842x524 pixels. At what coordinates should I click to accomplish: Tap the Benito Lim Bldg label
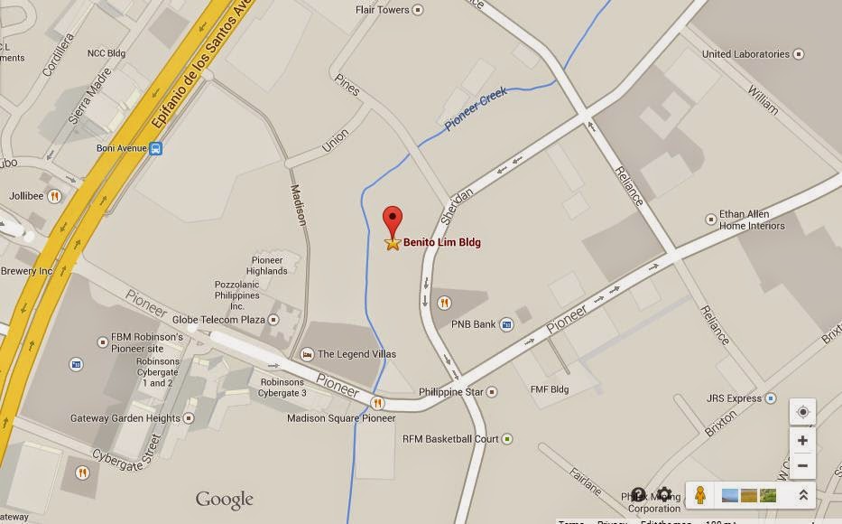coord(441,243)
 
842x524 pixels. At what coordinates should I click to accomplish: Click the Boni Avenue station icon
coord(156,148)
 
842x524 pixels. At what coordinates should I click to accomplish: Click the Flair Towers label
coord(383,11)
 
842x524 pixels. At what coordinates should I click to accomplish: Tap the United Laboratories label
coord(745,54)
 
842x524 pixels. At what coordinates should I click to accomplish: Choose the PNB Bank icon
coord(507,324)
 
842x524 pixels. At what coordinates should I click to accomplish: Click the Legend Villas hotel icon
coord(308,354)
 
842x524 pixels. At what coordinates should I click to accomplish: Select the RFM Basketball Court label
coord(450,439)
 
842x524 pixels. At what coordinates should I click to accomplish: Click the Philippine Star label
coord(452,392)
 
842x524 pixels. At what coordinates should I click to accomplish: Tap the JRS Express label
coord(734,398)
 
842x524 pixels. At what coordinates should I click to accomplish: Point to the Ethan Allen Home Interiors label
coord(752,220)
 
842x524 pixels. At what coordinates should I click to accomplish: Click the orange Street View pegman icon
coord(699,494)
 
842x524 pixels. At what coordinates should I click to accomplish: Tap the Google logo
coord(224,500)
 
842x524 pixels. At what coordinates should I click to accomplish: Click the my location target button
coord(802,412)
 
